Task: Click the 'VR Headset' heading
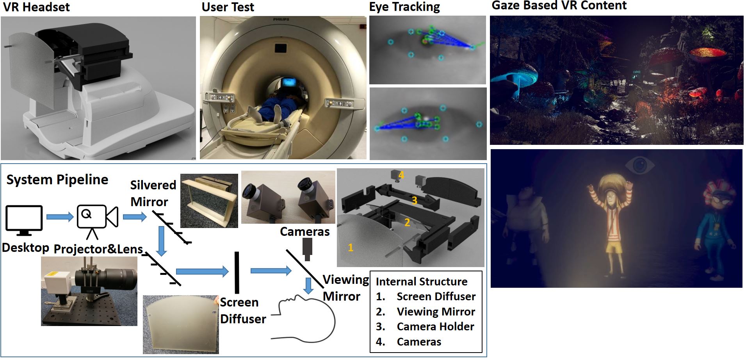point(36,7)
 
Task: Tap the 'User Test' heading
point(228,7)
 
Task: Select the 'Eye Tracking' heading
point(404,7)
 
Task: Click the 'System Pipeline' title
point(57,180)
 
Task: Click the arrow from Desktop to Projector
point(59,217)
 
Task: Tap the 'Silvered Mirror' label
point(152,193)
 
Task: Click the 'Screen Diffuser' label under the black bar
point(242,310)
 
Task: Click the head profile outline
point(308,318)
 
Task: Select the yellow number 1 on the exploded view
point(350,247)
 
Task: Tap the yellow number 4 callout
point(401,175)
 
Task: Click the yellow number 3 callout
point(414,200)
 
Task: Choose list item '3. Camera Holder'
point(425,326)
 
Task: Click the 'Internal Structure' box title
point(421,282)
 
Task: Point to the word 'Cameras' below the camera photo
point(304,232)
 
